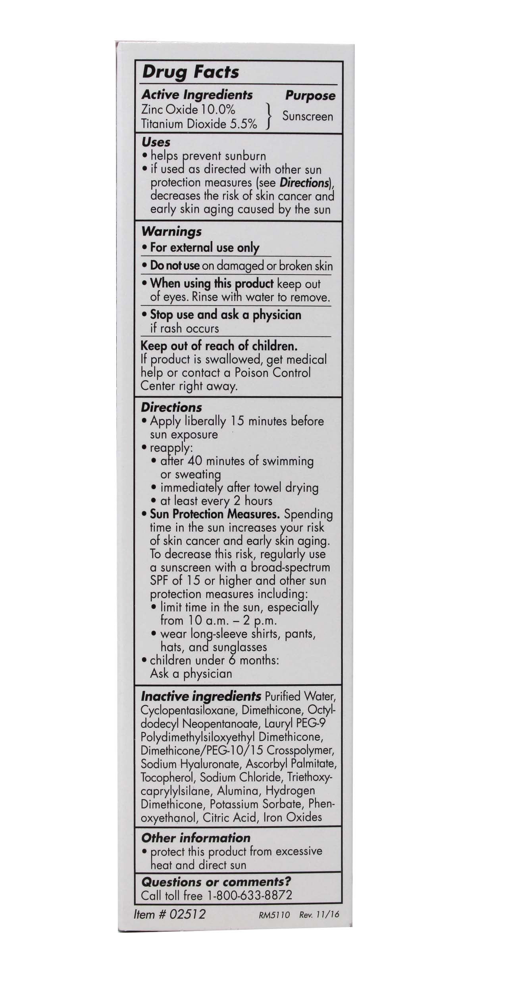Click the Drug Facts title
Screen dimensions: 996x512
[191, 72]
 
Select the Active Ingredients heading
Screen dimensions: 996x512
[197, 95]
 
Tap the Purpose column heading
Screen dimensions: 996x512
[310, 96]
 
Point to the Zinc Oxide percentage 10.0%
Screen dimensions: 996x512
[218, 109]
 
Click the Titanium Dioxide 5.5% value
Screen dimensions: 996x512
[243, 124]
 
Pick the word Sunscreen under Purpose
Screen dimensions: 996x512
[308, 116]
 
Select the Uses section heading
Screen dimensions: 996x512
[156, 142]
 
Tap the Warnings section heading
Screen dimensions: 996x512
[171, 231]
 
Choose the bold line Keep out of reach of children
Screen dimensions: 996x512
[219, 346]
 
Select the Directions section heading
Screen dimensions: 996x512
[171, 407]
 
